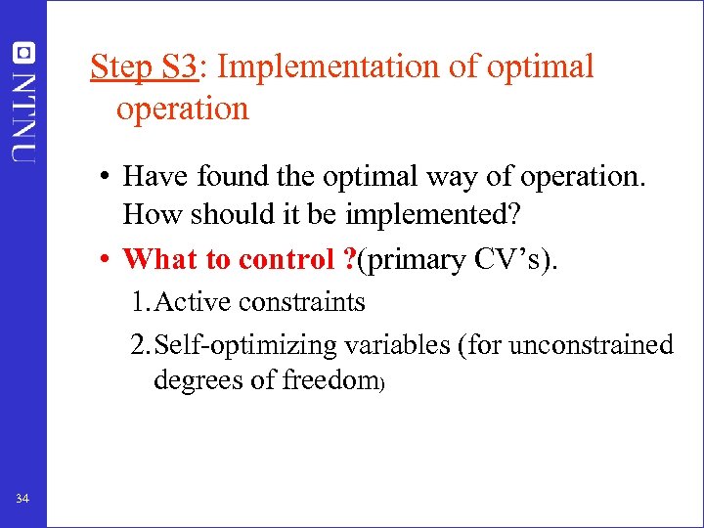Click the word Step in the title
(118, 67)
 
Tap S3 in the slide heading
(179, 66)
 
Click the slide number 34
(22, 500)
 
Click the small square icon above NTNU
(23, 52)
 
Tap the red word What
(159, 259)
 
